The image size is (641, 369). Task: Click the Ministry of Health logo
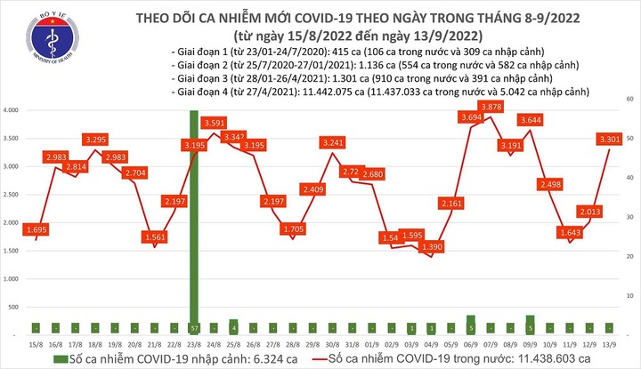coord(37,36)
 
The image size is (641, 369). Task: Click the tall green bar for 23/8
coord(193,222)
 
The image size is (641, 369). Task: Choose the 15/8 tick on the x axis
coord(36,342)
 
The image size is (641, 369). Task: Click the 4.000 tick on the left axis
coord(13,111)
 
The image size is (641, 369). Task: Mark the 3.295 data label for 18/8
coord(96,140)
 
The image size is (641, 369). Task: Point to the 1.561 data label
coord(155,237)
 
